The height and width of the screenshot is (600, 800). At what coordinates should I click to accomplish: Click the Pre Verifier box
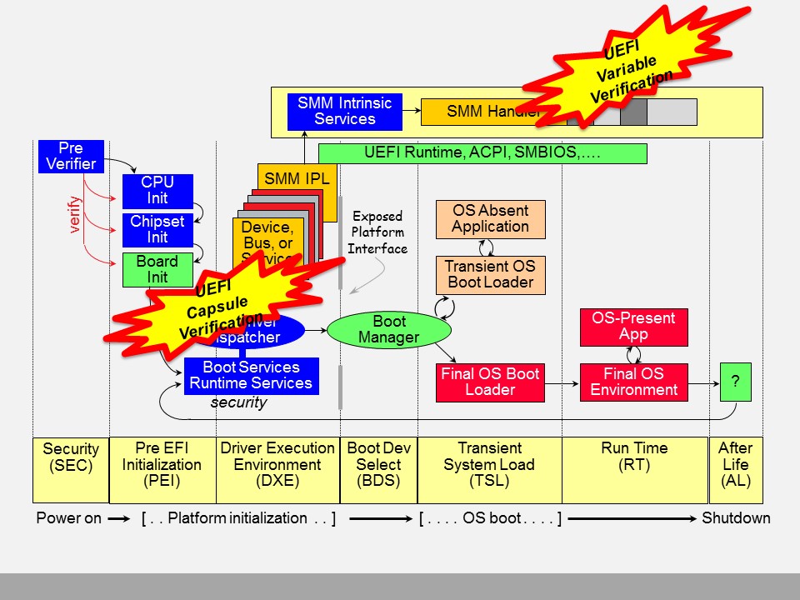pos(71,157)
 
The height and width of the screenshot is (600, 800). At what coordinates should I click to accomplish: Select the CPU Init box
pos(157,191)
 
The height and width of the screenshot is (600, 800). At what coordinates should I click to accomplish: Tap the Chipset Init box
pos(157,230)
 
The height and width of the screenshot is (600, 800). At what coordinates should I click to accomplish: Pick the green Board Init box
pos(157,269)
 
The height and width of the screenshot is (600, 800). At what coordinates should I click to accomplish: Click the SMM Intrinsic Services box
pos(344,112)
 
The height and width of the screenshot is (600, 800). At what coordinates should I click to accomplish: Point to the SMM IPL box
pos(297,178)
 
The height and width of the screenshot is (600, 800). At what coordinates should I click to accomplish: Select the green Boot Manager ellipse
pos(388,330)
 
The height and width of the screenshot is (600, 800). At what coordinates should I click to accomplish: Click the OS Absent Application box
pos(490,219)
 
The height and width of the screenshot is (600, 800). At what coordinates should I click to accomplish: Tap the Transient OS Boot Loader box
pos(490,275)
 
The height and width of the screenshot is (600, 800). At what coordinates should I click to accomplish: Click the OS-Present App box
pos(633,327)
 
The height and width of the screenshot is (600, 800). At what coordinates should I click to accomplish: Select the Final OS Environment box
pos(633,382)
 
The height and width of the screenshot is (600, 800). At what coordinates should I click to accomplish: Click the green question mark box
pos(735,382)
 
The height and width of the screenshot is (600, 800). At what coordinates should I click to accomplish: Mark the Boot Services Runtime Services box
pos(250,375)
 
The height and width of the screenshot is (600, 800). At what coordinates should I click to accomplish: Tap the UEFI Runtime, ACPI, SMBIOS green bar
pos(482,153)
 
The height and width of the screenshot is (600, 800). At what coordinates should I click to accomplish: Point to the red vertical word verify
pos(75,214)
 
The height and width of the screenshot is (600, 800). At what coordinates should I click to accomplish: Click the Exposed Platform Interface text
pos(377,232)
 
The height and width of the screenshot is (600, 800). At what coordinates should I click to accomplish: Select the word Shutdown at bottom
pos(736,518)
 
